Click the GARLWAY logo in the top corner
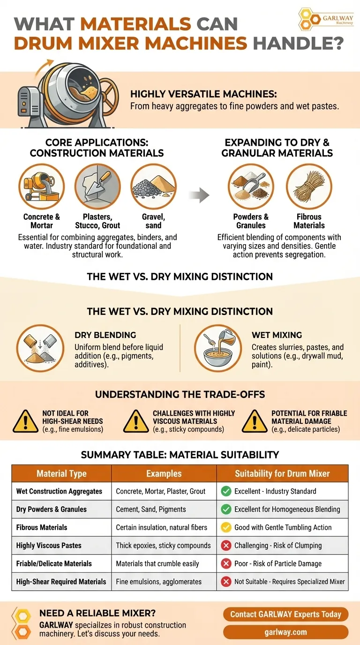click(326, 19)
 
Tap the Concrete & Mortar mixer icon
click(41, 187)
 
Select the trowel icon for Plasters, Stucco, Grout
click(97, 187)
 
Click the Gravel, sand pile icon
click(153, 187)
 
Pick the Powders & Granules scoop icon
click(251, 187)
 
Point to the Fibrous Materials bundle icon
click(309, 187)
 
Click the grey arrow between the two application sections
click(199, 195)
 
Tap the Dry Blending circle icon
click(40, 348)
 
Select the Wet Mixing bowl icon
click(218, 348)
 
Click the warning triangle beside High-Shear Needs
click(26, 422)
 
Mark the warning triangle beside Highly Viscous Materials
click(136, 422)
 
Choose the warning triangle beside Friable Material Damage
click(255, 422)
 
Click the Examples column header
click(164, 473)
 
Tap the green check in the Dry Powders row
click(226, 510)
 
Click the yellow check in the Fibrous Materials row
click(226, 527)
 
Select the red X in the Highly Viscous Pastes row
click(226, 546)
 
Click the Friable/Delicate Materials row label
click(54, 563)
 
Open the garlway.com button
click(285, 632)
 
